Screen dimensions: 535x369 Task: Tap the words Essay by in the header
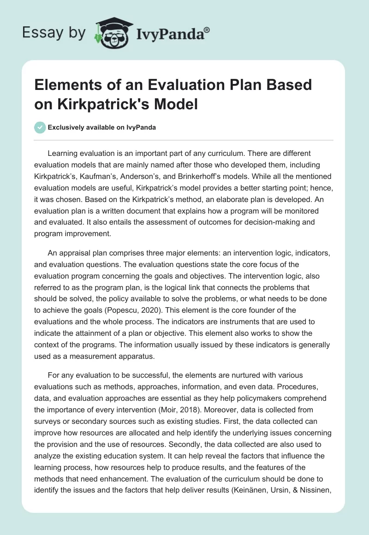54,32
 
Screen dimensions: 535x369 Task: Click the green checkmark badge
40,127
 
